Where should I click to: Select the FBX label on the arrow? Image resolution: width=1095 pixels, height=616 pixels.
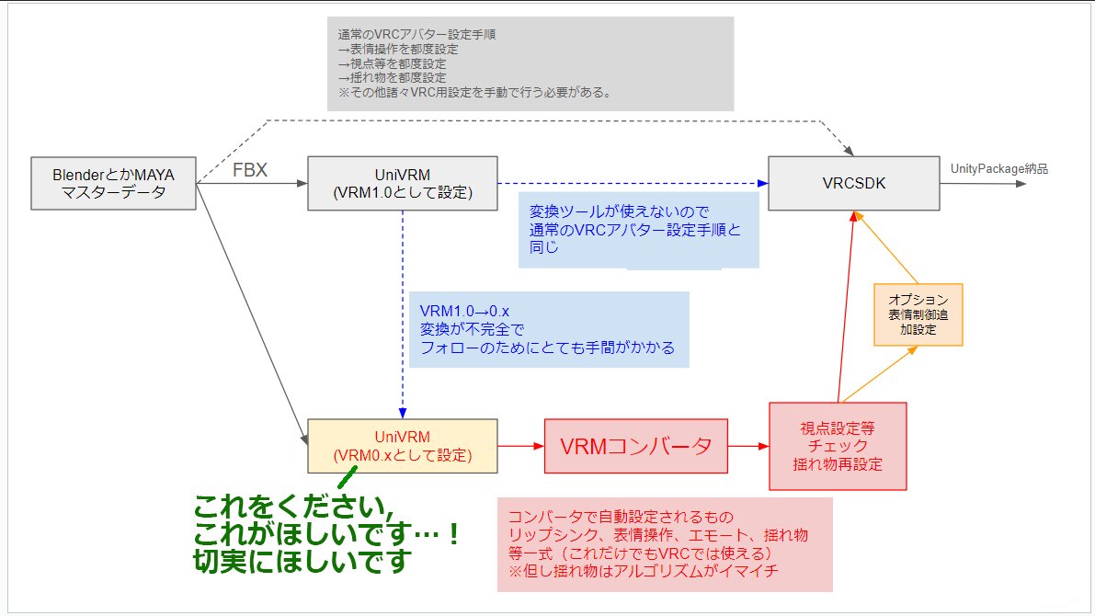tap(249, 170)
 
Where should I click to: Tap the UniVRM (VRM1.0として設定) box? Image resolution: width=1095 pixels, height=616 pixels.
tap(403, 182)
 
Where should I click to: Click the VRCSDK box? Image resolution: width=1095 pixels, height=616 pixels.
tap(852, 182)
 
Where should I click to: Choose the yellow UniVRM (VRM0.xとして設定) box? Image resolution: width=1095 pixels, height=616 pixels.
tap(403, 446)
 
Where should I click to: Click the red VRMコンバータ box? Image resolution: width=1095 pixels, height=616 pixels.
tap(636, 447)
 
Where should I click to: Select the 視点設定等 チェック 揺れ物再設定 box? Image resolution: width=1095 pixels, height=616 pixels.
tap(837, 445)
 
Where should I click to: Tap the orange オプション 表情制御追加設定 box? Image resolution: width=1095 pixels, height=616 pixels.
tap(918, 314)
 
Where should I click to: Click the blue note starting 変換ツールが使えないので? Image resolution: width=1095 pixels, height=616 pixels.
tap(638, 229)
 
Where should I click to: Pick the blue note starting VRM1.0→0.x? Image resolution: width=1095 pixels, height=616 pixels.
tap(548, 328)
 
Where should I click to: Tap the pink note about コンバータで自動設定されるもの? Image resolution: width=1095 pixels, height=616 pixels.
tap(664, 543)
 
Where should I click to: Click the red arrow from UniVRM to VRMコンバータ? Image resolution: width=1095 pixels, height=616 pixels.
tap(521, 446)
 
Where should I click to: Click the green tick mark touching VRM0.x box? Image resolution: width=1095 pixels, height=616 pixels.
tap(346, 476)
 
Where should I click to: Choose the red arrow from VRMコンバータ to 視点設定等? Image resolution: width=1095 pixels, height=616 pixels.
tap(748, 446)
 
